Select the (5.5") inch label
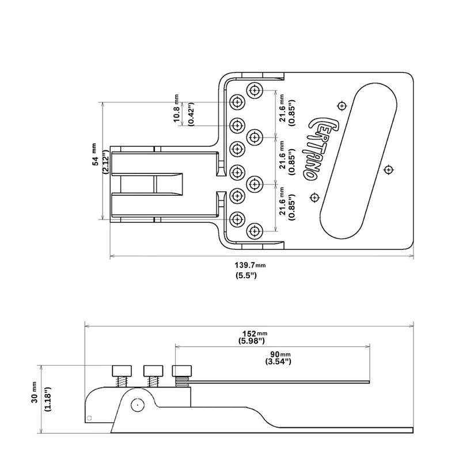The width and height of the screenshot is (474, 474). (x=246, y=276)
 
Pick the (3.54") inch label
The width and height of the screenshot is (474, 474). (x=278, y=362)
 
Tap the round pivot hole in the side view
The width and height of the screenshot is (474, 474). (x=136, y=404)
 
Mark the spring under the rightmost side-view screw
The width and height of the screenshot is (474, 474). (x=182, y=380)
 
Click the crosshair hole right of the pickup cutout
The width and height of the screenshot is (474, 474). (x=389, y=169)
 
